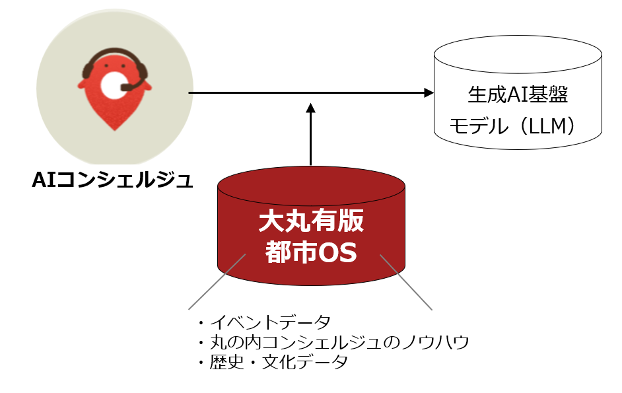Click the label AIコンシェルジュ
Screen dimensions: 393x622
[112, 180]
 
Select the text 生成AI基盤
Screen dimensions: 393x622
[517, 96]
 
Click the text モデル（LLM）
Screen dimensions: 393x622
[514, 125]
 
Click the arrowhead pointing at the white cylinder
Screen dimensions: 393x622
[429, 93]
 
